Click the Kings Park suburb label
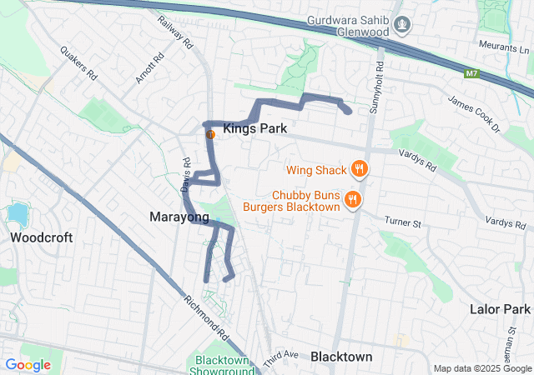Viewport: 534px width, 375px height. coord(254,129)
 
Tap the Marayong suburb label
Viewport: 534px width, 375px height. coord(179,217)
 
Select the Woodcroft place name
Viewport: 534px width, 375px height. coord(42,237)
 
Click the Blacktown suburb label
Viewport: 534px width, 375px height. coord(341,356)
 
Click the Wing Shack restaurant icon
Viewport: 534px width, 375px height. coord(360,169)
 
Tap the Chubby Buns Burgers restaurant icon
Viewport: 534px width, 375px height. coord(355,199)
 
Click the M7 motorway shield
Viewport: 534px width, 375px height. coord(472,74)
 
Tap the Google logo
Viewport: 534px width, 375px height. coord(28,364)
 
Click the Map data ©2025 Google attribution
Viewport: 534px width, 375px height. coord(481,368)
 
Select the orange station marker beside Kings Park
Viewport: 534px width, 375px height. coord(211,133)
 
